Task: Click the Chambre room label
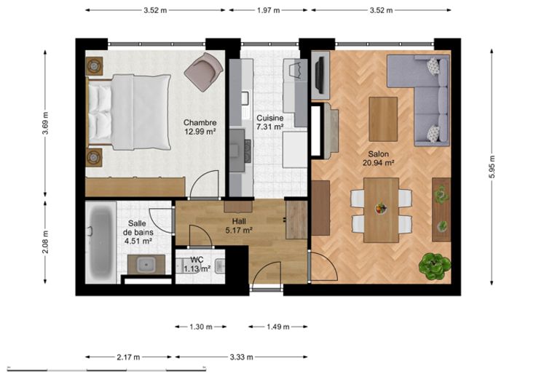click(x=200, y=122)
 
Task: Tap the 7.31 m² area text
click(x=269, y=127)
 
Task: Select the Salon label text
click(x=379, y=154)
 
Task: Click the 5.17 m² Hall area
click(x=239, y=231)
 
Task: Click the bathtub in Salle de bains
click(x=100, y=242)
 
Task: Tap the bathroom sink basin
click(x=146, y=265)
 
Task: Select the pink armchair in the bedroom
click(x=204, y=72)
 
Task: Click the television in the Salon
click(x=320, y=75)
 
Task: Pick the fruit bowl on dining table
click(x=381, y=208)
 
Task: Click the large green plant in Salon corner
click(x=435, y=266)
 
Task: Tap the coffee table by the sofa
click(x=383, y=119)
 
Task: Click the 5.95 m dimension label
click(x=492, y=167)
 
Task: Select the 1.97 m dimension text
click(x=268, y=10)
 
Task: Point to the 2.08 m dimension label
click(x=45, y=242)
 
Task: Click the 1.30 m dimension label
click(x=201, y=327)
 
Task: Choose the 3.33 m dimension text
click(x=241, y=357)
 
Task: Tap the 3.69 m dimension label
click(x=45, y=123)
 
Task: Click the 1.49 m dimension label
click(x=278, y=327)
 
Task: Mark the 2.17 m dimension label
click(x=128, y=357)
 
